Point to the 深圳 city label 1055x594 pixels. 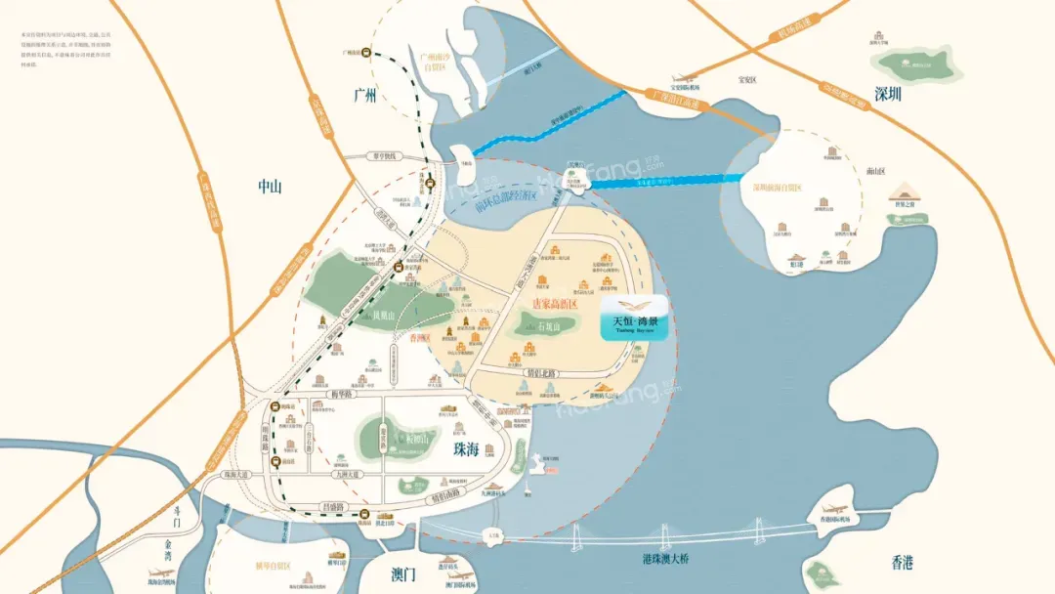[x=889, y=95]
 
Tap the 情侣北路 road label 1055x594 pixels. [x=538, y=372]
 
